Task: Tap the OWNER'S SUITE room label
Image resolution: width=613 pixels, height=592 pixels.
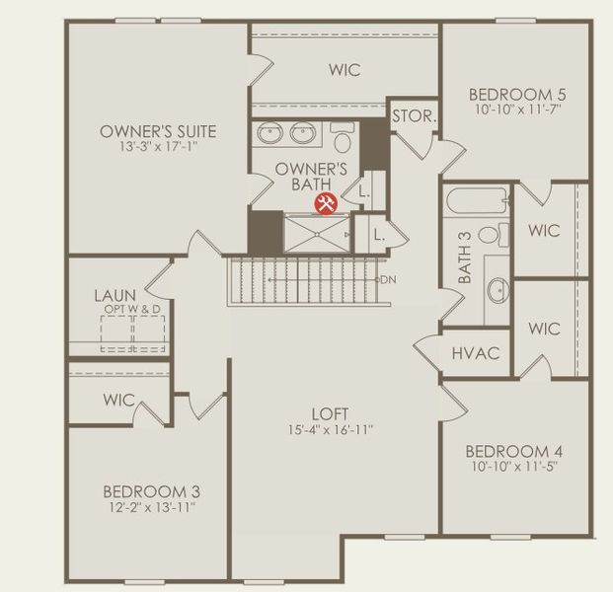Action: (x=158, y=131)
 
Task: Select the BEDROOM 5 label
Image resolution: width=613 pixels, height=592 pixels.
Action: (x=517, y=95)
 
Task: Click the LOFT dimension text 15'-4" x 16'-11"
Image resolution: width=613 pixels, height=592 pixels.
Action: (x=330, y=430)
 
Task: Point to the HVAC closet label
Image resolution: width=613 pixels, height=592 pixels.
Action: (x=476, y=353)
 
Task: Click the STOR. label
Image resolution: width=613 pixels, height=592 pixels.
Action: (x=414, y=115)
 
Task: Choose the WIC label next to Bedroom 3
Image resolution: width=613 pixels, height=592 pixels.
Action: (x=118, y=401)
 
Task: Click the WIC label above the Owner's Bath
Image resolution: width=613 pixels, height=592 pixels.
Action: (x=344, y=70)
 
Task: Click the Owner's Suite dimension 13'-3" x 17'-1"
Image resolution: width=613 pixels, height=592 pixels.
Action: (x=158, y=148)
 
